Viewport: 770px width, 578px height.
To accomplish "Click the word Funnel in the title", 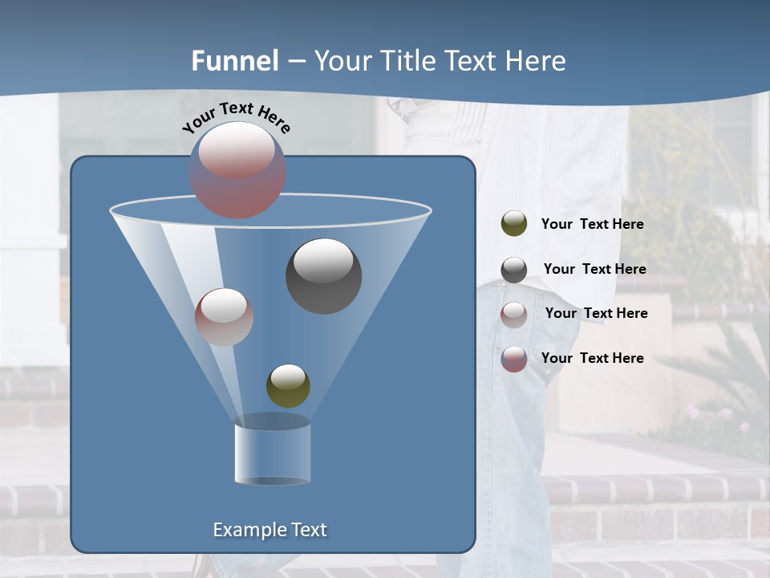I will coord(235,61).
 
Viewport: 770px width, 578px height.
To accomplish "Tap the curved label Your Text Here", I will coord(236,118).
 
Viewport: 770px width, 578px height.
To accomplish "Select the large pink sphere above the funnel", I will coord(237,169).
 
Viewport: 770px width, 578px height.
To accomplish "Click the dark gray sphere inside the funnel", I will coord(323,275).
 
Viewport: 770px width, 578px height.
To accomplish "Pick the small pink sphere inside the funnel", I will coord(224,316).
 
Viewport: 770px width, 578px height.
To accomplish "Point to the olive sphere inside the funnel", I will coord(288,386).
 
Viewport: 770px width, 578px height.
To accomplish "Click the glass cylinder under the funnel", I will coord(272,454).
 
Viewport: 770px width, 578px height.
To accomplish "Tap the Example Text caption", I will coord(269,530).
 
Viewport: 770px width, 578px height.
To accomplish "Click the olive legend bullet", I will coord(514,224).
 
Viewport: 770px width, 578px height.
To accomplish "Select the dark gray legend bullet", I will coord(514,270).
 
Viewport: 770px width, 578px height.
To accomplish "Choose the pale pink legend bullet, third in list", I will coord(514,314).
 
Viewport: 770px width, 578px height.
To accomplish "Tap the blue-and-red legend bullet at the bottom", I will coord(514,359).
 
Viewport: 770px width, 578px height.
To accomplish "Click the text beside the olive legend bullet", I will coord(592,224).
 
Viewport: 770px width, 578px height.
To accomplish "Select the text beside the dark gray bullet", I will coord(594,269).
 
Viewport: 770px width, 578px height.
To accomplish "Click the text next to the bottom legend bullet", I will coord(592,358).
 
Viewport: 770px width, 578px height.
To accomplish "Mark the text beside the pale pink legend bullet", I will coord(596,313).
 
